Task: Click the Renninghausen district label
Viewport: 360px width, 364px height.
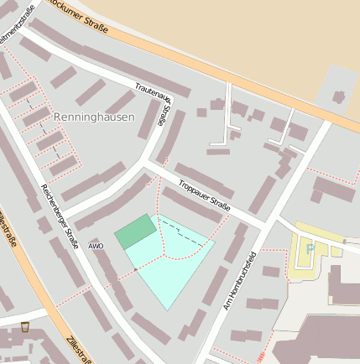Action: pos(93,117)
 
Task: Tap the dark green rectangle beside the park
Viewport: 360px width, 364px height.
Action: pos(136,231)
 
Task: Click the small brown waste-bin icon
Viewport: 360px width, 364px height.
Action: pos(24,326)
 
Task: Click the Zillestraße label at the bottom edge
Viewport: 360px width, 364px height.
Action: pos(77,350)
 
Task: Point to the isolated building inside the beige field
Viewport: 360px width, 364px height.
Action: pos(339,97)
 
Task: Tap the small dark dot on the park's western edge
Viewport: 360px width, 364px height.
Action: pos(135,268)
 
